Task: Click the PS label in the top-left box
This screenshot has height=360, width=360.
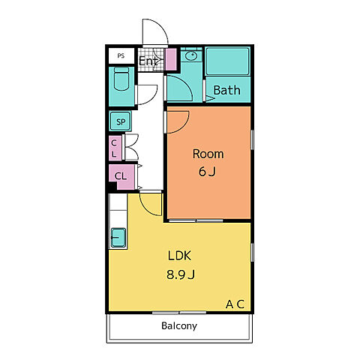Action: pyautogui.click(x=121, y=55)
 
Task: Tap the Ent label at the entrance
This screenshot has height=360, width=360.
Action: pyautogui.click(x=148, y=61)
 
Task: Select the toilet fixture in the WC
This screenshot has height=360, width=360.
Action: pyautogui.click(x=121, y=79)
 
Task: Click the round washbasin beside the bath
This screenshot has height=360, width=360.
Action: pyautogui.click(x=191, y=55)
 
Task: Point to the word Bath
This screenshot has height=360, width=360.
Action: pyautogui.click(x=226, y=90)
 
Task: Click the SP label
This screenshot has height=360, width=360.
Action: pyautogui.click(x=121, y=121)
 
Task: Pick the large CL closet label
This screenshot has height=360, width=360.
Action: pyautogui.click(x=121, y=176)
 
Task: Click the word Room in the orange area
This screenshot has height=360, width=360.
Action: pyautogui.click(x=208, y=154)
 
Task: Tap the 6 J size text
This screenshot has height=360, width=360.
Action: pyautogui.click(x=207, y=172)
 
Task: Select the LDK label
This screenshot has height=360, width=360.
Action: pyautogui.click(x=179, y=256)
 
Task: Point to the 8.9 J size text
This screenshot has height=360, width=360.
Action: pyautogui.click(x=181, y=274)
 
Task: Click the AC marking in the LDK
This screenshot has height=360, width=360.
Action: pyautogui.click(x=235, y=304)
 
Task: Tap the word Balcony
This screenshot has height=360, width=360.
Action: pyautogui.click(x=179, y=326)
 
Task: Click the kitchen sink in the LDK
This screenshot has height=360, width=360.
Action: pyautogui.click(x=118, y=238)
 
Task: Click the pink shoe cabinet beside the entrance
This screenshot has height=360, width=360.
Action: pyautogui.click(x=172, y=59)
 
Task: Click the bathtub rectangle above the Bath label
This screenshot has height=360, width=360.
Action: pyautogui.click(x=227, y=61)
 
